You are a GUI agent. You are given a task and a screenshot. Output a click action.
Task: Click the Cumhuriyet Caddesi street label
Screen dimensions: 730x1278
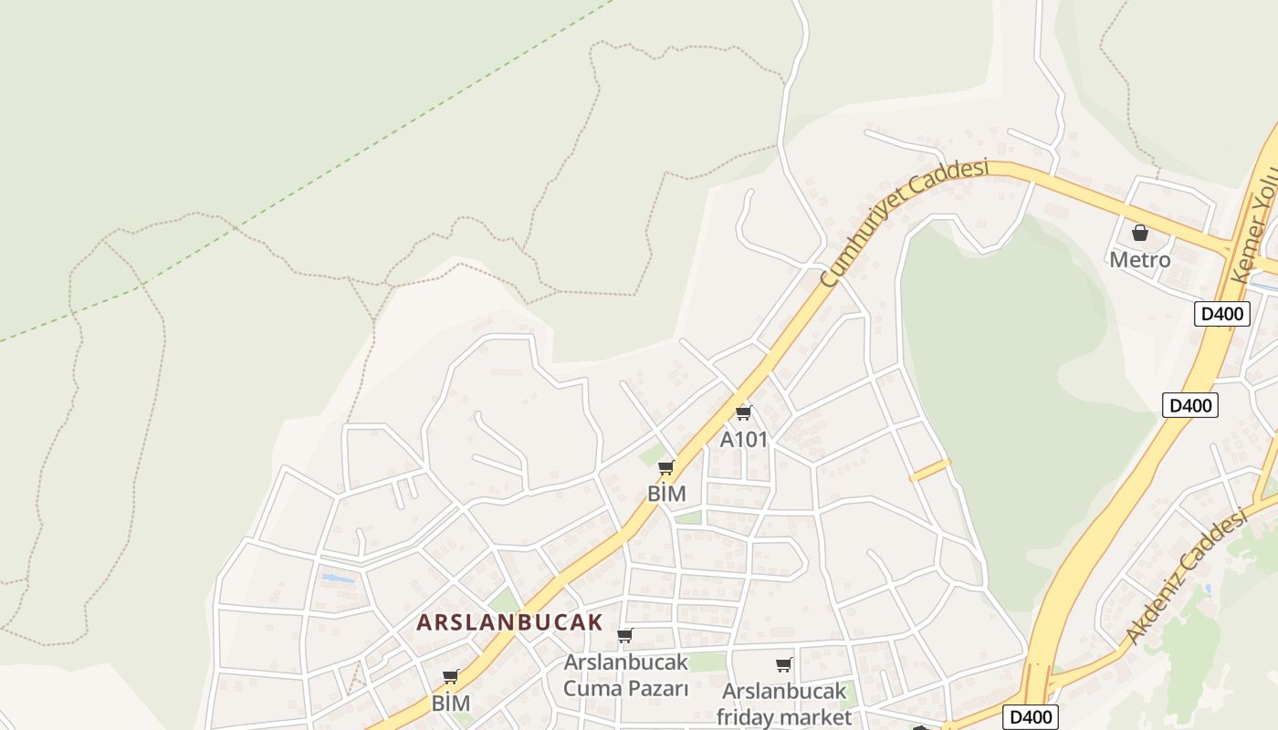[904, 222]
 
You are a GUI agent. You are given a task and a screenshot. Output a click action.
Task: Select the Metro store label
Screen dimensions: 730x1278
[1139, 260]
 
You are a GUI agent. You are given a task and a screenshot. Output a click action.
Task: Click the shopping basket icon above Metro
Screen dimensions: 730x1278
[1139, 234]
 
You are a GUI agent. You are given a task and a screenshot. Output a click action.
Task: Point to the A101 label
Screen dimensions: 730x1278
[744, 439]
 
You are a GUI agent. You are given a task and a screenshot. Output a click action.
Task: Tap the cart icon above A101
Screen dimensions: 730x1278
[744, 413]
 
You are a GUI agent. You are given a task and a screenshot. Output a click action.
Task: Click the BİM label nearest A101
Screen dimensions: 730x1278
[666, 494]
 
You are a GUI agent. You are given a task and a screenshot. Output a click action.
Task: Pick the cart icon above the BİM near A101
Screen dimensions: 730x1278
[666, 468]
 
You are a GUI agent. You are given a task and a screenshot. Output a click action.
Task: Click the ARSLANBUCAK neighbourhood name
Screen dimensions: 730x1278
[509, 623]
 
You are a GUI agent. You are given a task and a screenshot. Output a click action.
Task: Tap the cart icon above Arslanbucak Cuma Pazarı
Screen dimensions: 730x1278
[625, 635]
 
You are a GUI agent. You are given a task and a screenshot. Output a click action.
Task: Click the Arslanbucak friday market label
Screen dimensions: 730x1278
[783, 704]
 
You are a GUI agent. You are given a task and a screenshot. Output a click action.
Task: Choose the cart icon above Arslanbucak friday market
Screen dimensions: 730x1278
[783, 665]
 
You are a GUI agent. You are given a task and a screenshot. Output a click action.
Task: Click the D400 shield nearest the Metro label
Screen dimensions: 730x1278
[1222, 314]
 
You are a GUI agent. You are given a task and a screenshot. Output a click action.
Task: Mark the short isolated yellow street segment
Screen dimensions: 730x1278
[930, 470]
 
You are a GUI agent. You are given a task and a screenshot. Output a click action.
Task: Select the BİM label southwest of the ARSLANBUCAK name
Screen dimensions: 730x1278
[451, 704]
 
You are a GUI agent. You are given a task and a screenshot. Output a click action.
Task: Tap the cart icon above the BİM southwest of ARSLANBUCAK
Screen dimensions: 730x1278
[450, 677]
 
